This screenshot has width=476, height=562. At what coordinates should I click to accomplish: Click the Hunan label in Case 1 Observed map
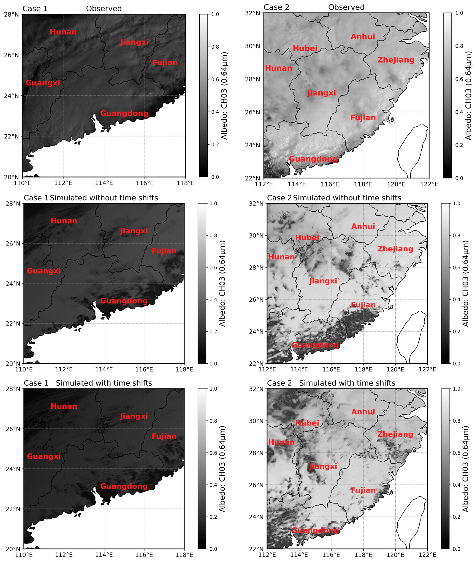click(63, 32)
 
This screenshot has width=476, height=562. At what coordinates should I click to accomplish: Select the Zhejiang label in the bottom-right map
click(395, 434)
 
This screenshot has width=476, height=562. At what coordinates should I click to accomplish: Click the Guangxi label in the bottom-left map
click(44, 456)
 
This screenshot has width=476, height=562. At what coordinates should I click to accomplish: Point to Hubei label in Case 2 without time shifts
click(307, 238)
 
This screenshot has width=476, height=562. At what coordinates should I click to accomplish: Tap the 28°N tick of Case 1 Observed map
click(11, 14)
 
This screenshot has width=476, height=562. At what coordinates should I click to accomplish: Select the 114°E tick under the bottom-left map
click(104, 555)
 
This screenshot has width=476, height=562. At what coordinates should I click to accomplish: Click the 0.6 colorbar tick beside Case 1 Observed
click(215, 80)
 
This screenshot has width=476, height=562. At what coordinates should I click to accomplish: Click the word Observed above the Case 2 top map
click(346, 7)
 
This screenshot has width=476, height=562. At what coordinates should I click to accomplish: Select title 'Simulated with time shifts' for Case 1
click(104, 383)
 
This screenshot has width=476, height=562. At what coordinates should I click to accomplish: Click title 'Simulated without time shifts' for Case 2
click(347, 198)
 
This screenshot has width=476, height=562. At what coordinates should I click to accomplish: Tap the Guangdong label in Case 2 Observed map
click(313, 159)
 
